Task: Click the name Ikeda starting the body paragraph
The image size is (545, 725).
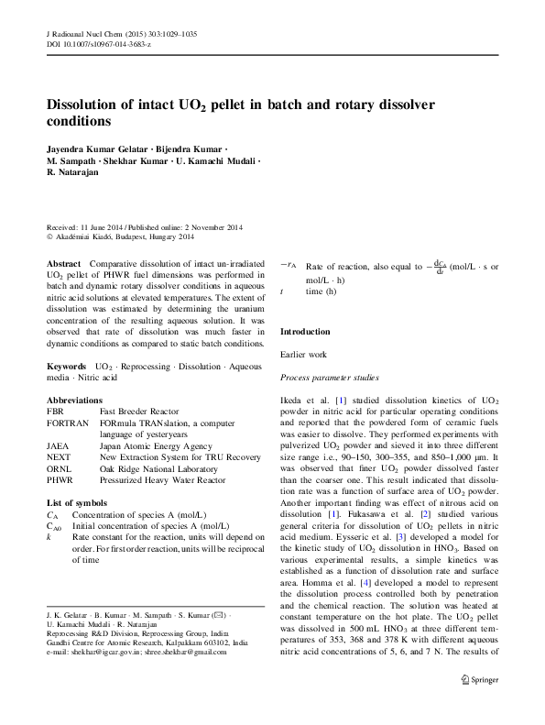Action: coord(293,401)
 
